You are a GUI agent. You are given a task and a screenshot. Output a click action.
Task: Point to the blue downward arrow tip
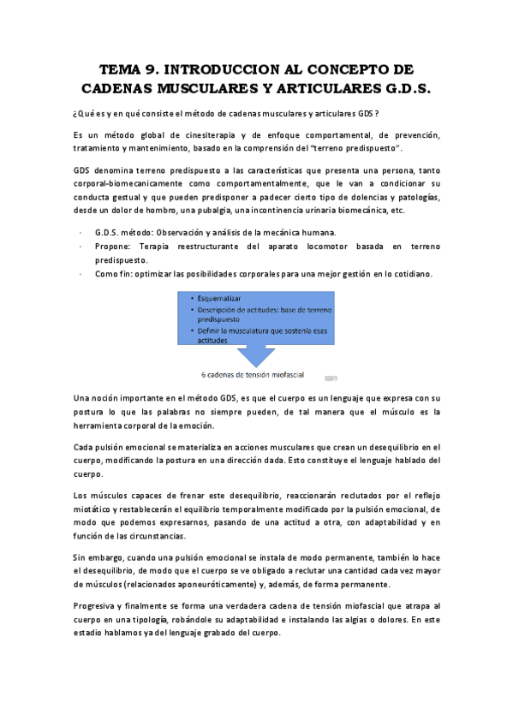click(256, 366)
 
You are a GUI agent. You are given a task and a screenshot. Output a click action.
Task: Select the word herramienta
click(104, 425)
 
